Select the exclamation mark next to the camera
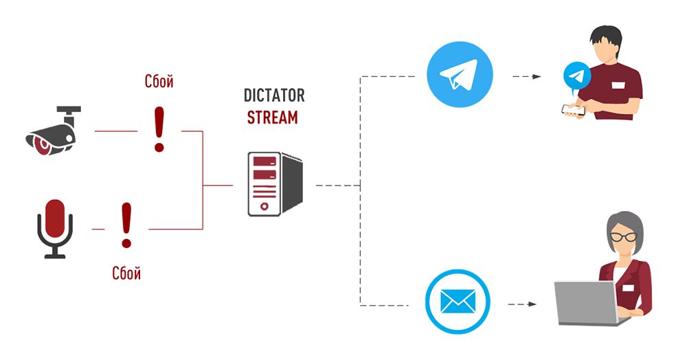click(x=159, y=130)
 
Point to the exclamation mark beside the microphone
click(x=126, y=225)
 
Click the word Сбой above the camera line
click(x=159, y=82)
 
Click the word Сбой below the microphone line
click(x=126, y=273)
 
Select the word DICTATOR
click(x=274, y=95)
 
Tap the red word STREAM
click(x=273, y=117)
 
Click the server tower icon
click(x=275, y=184)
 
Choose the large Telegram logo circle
click(x=460, y=74)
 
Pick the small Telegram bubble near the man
click(x=576, y=77)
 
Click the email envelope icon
click(x=458, y=302)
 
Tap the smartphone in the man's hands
click(x=573, y=110)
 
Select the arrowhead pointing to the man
click(x=537, y=77)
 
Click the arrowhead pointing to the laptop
click(x=532, y=304)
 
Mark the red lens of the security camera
click(x=43, y=145)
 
